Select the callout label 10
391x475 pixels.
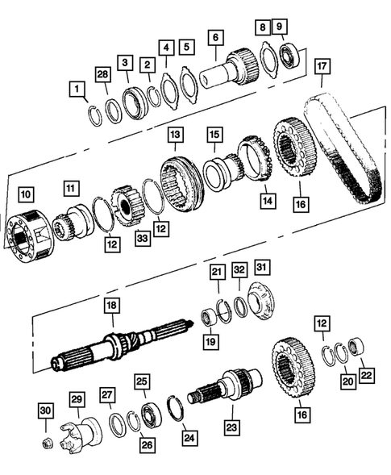(x=27, y=194)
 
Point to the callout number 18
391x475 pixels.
(x=111, y=306)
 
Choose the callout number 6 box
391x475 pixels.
(x=214, y=36)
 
